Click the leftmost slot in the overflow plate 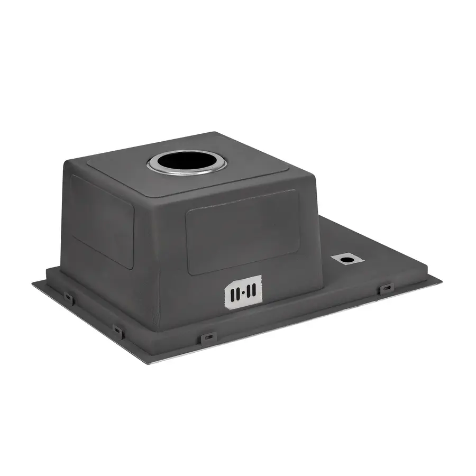click(233, 292)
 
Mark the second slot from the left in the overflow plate click(237, 292)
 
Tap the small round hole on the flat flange click(347, 259)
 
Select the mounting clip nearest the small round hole click(387, 289)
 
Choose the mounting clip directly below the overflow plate click(206, 337)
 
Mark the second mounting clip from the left click(118, 332)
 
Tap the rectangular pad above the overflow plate click(242, 231)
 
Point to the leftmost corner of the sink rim click(33, 283)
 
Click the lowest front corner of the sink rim click(149, 363)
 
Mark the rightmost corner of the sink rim click(442, 281)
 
